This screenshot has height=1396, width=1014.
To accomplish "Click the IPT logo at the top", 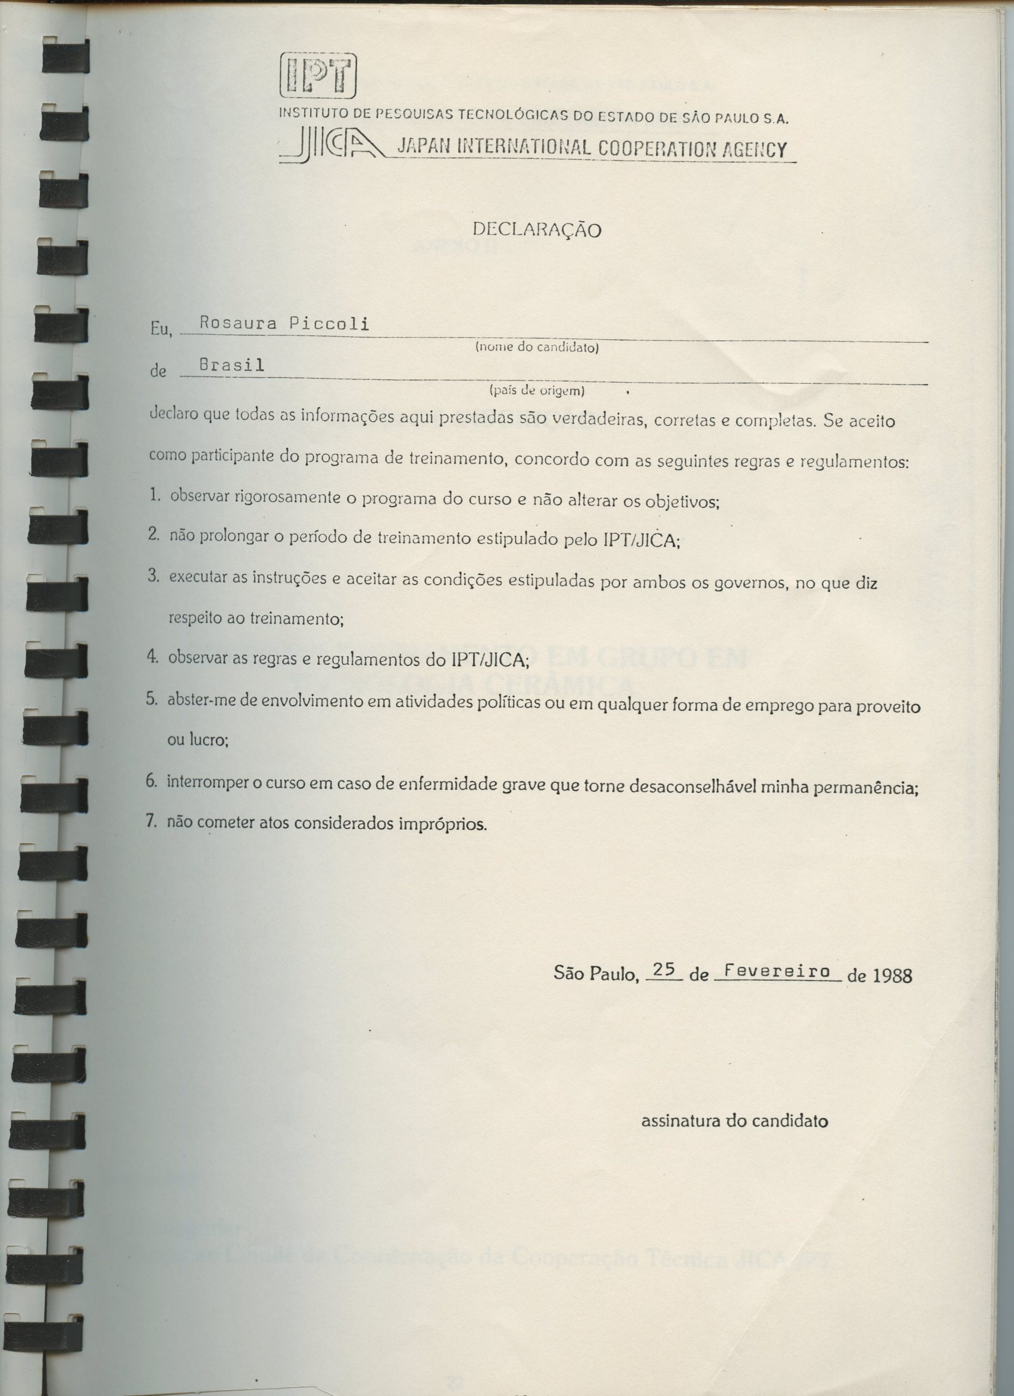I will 318,75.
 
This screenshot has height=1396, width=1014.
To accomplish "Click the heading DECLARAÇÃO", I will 536,230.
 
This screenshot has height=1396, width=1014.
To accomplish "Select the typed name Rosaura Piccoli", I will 283,324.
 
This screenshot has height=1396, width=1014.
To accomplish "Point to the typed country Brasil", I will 232,365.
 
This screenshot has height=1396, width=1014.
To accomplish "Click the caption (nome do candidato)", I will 536,348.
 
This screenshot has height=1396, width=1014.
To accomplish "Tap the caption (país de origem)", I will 536,390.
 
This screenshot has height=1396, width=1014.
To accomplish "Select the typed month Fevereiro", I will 777,971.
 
